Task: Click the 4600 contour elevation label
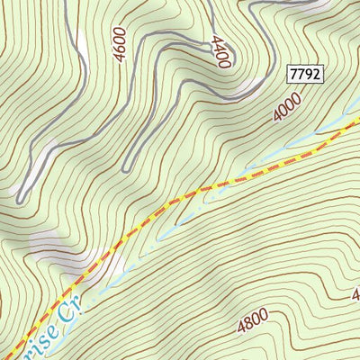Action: pyautogui.click(x=121, y=48)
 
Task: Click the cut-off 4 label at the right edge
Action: pyautogui.click(x=355, y=294)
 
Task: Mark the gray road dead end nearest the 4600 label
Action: pyautogui.click(x=126, y=166)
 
